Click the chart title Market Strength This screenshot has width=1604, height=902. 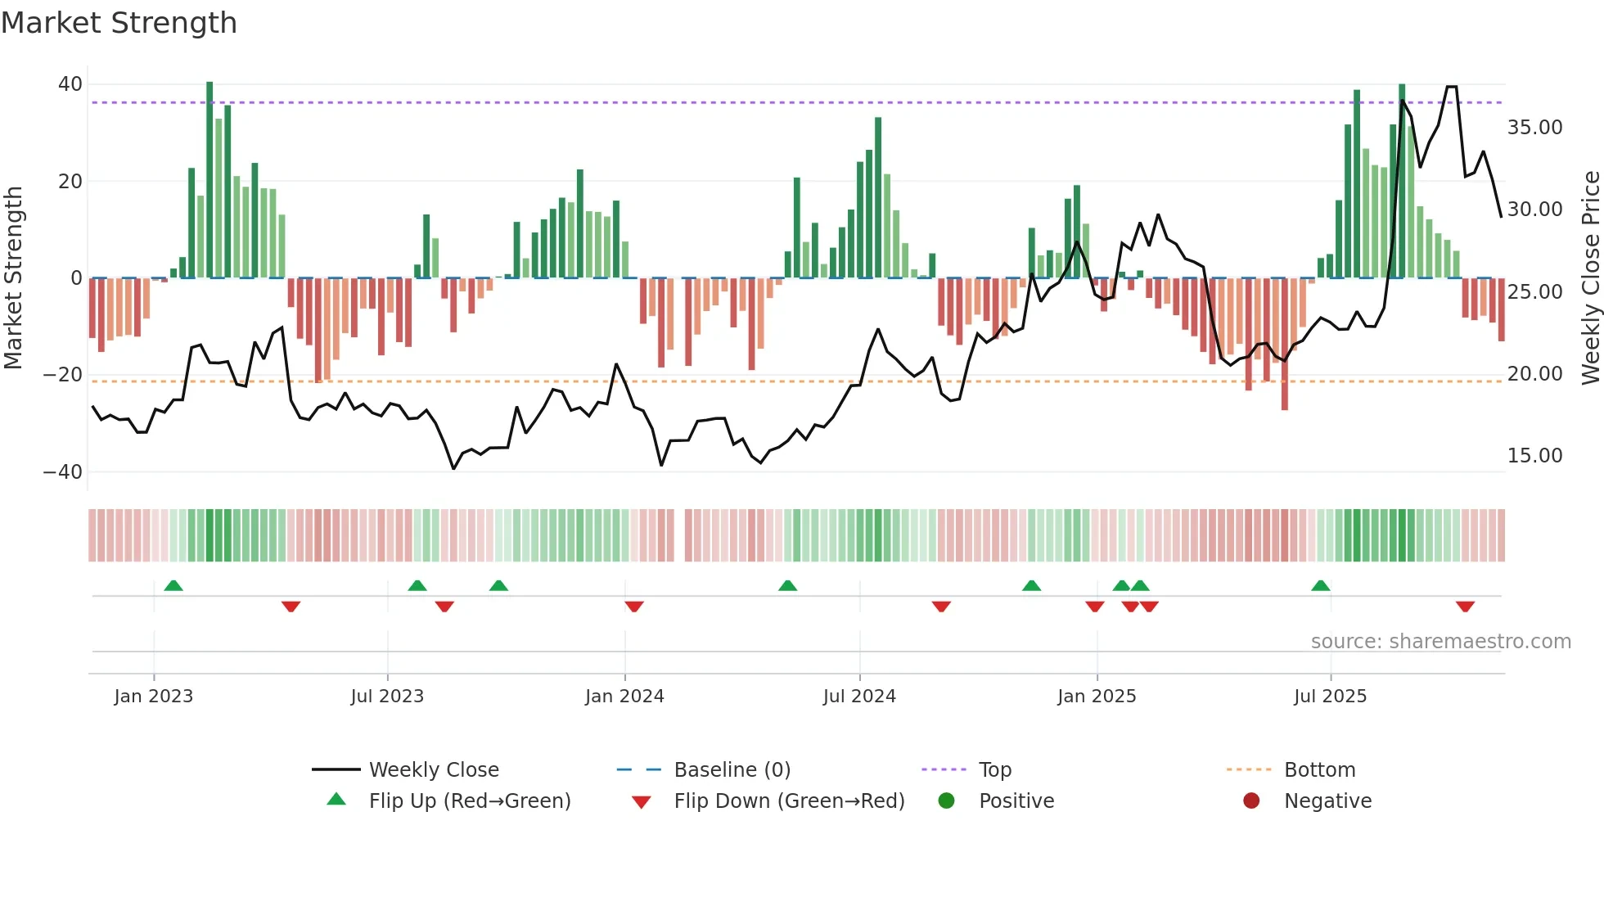119,23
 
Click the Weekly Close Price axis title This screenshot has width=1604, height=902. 1590,277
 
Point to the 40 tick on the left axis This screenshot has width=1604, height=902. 70,84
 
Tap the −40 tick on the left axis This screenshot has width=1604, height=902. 63,472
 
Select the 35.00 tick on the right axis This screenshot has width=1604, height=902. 1534,128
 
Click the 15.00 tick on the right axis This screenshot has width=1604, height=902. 1534,456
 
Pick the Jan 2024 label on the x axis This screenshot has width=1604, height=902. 624,697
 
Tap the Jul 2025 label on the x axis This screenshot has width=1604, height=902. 1330,697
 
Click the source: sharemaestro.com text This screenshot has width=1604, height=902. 1440,642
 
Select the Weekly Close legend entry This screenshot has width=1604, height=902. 433,770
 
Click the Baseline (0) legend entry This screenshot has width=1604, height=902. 732,770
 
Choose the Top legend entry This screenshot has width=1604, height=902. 995,770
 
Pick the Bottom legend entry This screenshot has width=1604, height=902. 1319,770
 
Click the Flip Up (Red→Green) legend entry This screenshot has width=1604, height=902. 469,801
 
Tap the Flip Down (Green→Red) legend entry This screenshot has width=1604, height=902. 789,801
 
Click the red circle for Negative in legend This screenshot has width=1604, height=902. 1251,801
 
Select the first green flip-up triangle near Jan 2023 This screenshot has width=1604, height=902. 173,586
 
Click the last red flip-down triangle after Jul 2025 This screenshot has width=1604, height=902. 1465,607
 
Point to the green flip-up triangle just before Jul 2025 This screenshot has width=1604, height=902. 1320,586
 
